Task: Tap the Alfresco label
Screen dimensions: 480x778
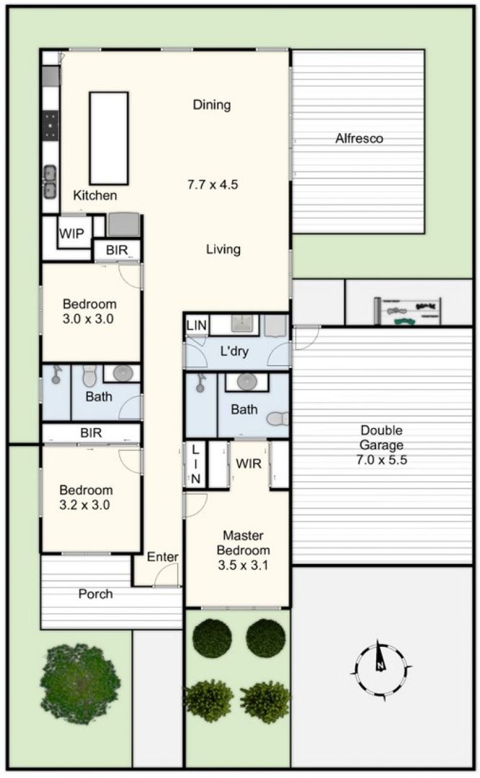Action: point(359,138)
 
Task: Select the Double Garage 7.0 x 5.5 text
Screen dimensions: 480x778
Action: point(381,445)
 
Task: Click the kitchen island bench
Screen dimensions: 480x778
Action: point(109,138)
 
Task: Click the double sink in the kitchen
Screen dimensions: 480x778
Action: point(50,182)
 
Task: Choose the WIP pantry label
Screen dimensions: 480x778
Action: point(71,233)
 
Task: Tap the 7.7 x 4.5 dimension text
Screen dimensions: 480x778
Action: point(213,184)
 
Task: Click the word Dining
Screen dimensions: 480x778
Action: point(211,104)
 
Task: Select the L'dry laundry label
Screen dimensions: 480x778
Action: point(234,352)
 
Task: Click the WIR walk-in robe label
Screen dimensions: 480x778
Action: point(249,464)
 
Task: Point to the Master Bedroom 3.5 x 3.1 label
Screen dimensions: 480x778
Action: point(243,550)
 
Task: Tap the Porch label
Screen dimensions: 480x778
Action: point(95,594)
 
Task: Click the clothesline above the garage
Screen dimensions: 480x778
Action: point(407,311)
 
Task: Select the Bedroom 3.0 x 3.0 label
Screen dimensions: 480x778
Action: point(89,311)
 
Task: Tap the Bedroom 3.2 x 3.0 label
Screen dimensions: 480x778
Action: point(85,498)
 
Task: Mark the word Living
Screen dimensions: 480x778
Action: point(223,249)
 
